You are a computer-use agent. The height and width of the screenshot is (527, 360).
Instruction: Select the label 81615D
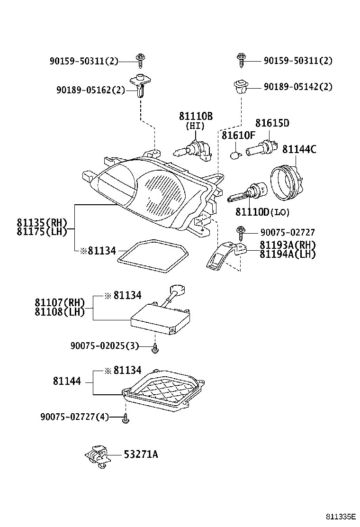272,123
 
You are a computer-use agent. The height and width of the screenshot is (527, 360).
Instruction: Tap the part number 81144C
299,149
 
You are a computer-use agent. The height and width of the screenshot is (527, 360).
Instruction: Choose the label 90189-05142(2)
298,87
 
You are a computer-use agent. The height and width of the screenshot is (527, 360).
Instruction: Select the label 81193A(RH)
287,245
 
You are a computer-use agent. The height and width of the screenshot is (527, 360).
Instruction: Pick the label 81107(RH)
59,303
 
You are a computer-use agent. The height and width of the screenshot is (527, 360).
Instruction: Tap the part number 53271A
141,454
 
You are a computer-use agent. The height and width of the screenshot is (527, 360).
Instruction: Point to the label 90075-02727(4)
75,417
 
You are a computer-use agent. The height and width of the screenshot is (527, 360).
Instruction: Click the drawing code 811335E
341,516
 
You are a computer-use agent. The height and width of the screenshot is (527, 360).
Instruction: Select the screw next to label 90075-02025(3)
155,349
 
